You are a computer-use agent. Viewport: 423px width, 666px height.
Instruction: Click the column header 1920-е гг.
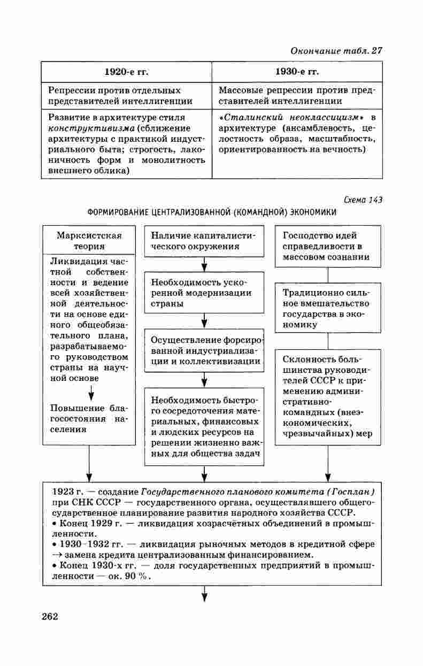click(126, 72)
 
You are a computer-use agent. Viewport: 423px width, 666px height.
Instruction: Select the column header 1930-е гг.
click(297, 72)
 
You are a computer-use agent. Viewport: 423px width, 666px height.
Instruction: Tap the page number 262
click(49, 616)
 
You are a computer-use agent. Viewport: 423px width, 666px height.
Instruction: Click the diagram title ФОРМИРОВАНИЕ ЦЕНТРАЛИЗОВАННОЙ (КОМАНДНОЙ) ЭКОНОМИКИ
click(212, 212)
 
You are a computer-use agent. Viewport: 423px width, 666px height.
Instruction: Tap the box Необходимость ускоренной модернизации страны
click(204, 293)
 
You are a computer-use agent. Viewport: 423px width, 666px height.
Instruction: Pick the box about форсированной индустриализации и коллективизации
click(204, 350)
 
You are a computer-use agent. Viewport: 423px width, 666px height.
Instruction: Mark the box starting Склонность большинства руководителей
click(328, 396)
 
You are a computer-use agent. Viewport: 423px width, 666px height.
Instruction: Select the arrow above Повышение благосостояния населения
click(91, 392)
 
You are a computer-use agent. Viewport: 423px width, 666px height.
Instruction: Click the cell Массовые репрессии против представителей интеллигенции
click(297, 96)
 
